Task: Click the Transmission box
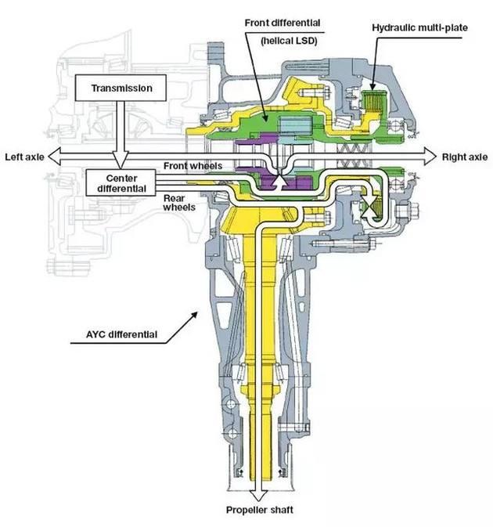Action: [x=122, y=88]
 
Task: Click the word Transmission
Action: [x=122, y=88]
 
